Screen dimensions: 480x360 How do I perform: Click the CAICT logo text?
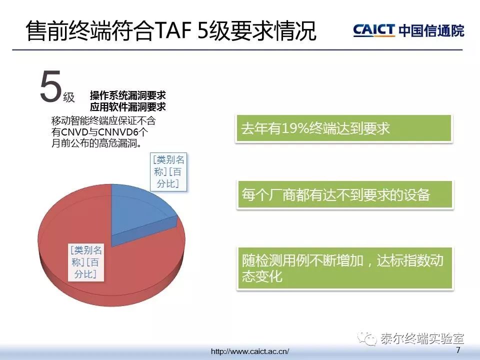click(374, 30)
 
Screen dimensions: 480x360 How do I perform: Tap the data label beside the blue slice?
click(169, 171)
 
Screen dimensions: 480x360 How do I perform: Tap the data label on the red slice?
click(86, 262)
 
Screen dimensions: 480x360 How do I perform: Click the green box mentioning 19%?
click(343, 128)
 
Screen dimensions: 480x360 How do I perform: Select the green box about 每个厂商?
click(345, 195)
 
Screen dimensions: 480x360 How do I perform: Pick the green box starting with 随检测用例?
click(345, 268)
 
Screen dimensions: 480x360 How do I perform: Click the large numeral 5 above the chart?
click(50, 86)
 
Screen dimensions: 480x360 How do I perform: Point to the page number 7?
click(458, 350)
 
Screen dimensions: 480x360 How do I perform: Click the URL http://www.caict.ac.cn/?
click(250, 351)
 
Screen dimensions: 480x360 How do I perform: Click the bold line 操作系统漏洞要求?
click(128, 95)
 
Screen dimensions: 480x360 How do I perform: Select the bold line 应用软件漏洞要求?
click(128, 107)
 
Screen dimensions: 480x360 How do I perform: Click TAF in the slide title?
click(174, 30)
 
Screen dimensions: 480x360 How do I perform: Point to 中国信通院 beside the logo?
click(431, 30)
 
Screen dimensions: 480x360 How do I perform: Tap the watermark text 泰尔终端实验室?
click(422, 338)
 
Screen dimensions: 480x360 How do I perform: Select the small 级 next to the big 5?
click(69, 97)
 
